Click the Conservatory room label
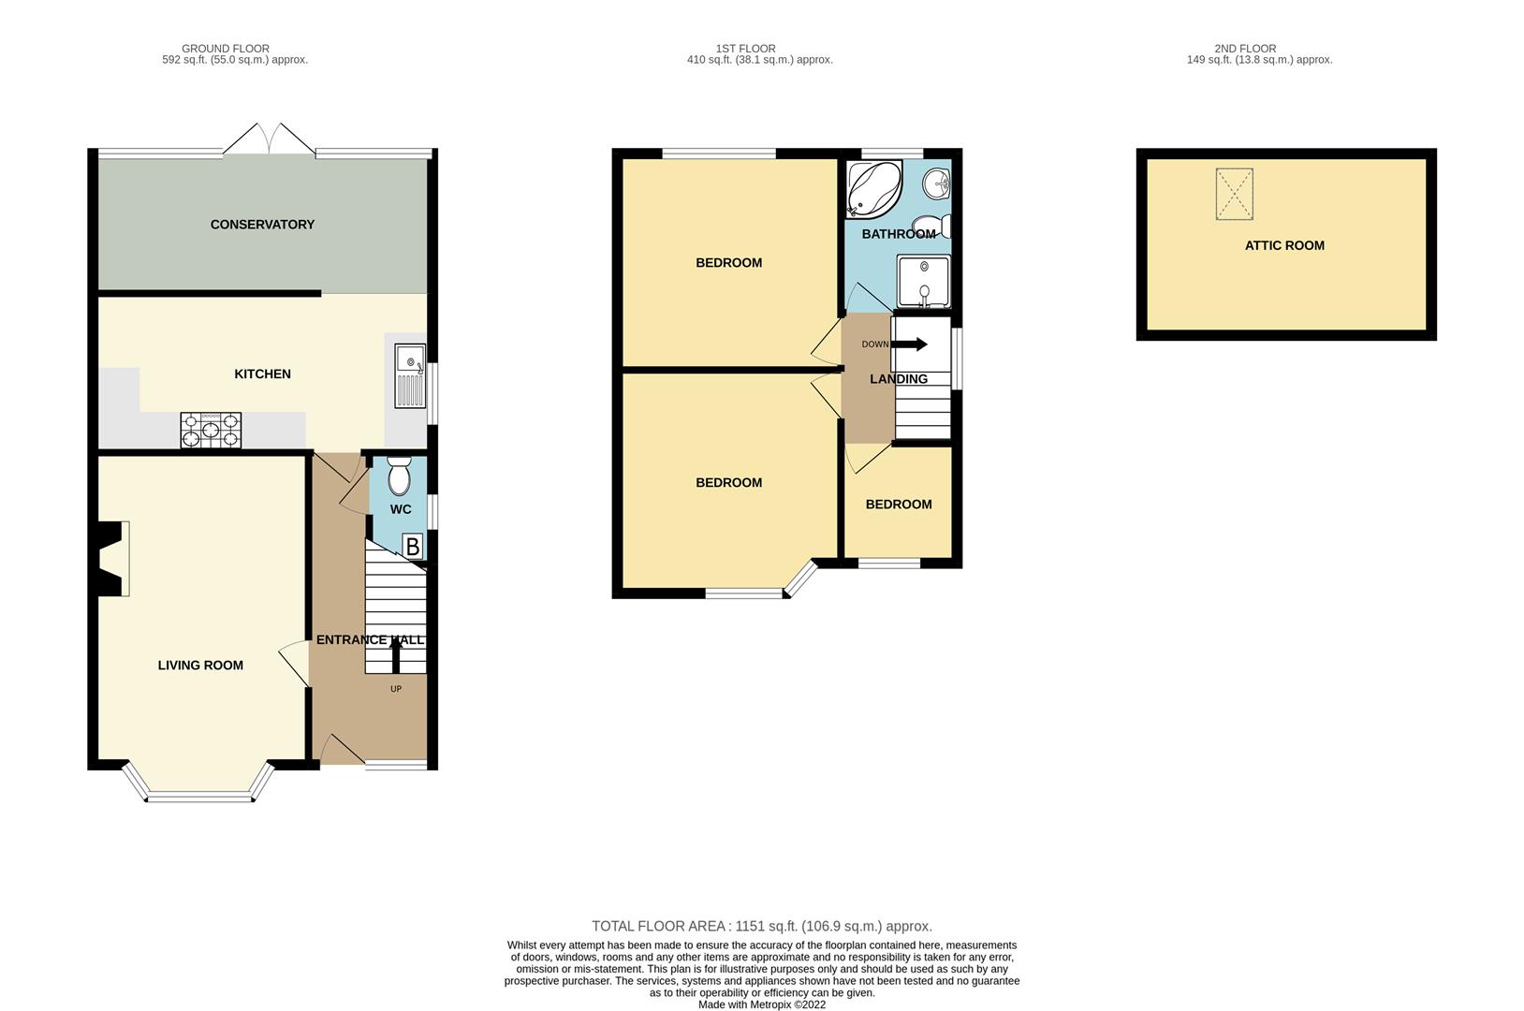pyautogui.click(x=262, y=225)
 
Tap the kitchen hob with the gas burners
pyautogui.click(x=211, y=430)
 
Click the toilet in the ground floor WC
pyautogui.click(x=399, y=476)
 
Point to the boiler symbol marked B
pyautogui.click(x=412, y=547)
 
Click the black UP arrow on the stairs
pyautogui.click(x=395, y=655)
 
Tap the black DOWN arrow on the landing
pyautogui.click(x=909, y=344)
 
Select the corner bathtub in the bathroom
pyautogui.click(x=873, y=189)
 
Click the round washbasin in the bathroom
pyautogui.click(x=937, y=183)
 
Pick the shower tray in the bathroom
pyautogui.click(x=923, y=281)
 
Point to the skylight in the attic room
pyautogui.click(x=1234, y=194)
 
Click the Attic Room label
pyautogui.click(x=1284, y=245)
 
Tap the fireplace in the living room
pyautogui.click(x=112, y=559)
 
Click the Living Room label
pyautogui.click(x=200, y=666)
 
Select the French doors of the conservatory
pyautogui.click(x=271, y=139)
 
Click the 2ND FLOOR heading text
pyautogui.click(x=1245, y=49)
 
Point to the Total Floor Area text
pyautogui.click(x=762, y=926)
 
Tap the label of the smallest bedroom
pyautogui.click(x=898, y=505)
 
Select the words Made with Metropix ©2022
pyautogui.click(x=762, y=1004)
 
